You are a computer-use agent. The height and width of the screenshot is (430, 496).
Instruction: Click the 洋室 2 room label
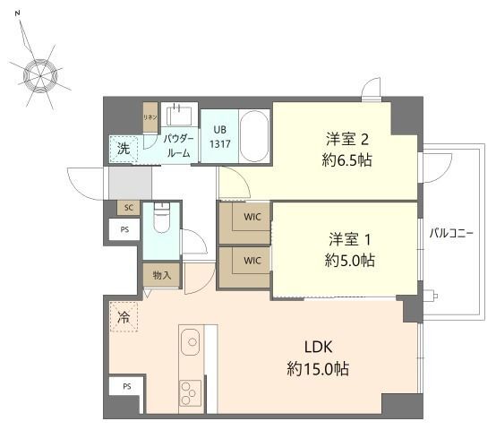click(347, 139)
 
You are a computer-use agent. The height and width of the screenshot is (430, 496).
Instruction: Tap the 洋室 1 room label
click(349, 239)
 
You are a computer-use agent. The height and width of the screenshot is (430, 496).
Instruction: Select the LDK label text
click(318, 347)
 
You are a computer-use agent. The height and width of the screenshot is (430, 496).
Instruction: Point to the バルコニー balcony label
click(451, 233)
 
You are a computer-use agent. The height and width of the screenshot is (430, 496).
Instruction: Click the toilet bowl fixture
click(162, 218)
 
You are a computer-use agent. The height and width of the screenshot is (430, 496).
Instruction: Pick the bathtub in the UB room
click(254, 136)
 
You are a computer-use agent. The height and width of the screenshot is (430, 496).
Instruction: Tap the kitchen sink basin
click(190, 341)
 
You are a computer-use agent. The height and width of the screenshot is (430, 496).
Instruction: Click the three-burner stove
click(190, 393)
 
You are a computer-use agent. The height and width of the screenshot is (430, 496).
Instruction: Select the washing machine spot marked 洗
click(124, 149)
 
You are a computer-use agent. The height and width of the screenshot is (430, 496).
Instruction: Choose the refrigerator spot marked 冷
click(124, 317)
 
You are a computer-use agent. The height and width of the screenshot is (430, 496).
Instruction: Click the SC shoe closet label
click(129, 208)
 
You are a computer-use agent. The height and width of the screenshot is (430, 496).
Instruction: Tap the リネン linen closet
click(150, 117)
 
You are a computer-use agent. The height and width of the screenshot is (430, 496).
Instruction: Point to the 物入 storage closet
click(162, 275)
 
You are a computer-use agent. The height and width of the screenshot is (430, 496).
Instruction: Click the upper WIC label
click(252, 217)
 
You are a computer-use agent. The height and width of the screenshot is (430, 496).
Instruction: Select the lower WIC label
click(252, 261)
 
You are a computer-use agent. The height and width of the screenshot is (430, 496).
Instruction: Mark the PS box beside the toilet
click(124, 229)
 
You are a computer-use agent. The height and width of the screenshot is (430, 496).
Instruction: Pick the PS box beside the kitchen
click(126, 386)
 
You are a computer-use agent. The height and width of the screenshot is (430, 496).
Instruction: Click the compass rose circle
click(40, 76)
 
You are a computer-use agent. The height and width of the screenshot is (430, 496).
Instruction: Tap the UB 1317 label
click(220, 137)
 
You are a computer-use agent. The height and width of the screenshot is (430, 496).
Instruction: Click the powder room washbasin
click(179, 116)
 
